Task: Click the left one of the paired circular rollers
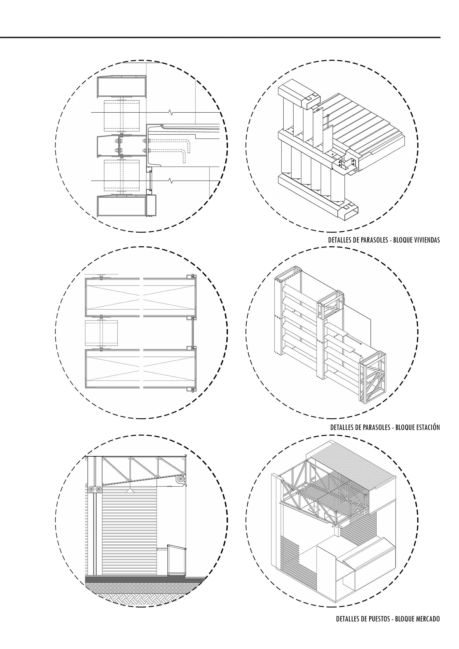click(91, 489)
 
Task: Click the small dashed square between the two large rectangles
click(101, 333)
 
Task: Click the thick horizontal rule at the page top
click(220, 37)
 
